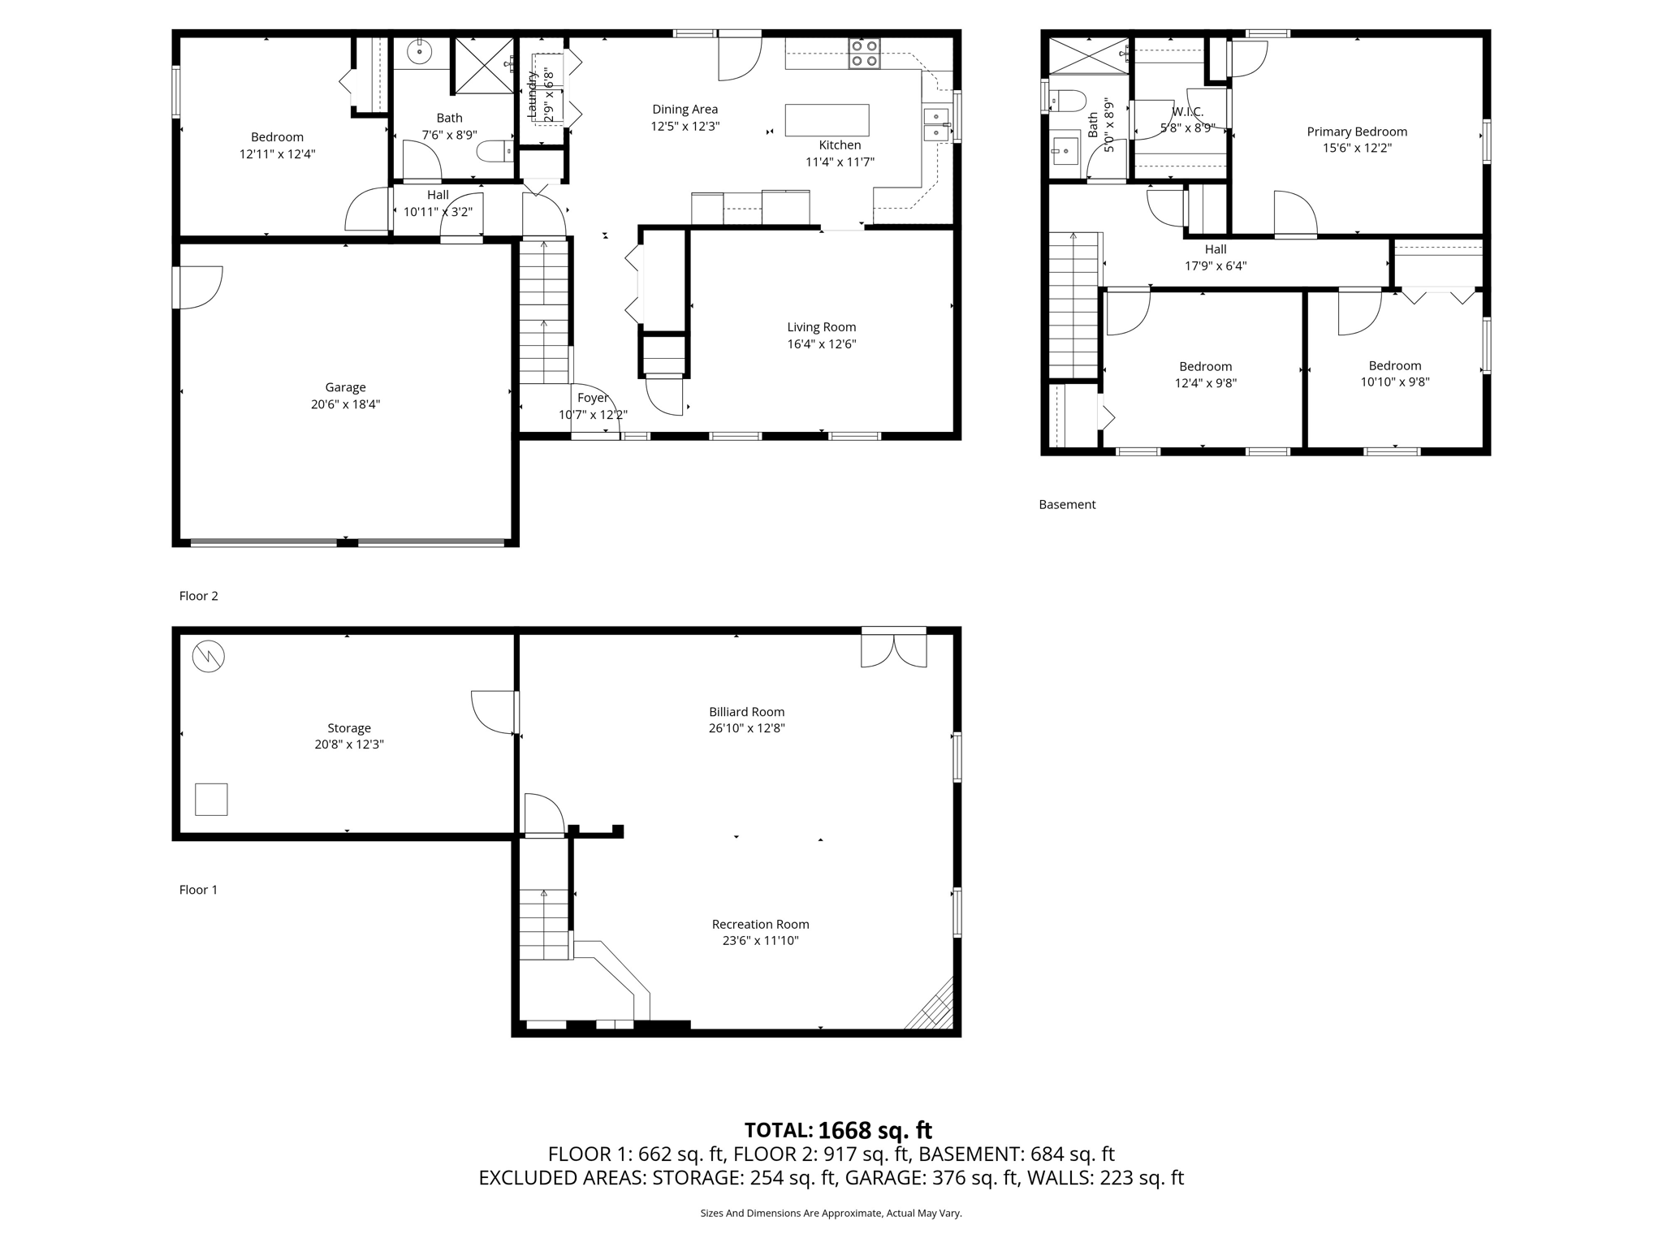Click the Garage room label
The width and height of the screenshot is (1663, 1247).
(x=345, y=387)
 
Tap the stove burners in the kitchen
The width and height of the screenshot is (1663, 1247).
(x=864, y=54)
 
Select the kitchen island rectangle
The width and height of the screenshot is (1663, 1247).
(x=827, y=120)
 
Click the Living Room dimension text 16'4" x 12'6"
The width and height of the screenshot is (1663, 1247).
(x=821, y=344)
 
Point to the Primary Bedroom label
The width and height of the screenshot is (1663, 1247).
(x=1356, y=132)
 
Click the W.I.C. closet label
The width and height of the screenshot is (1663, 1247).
(x=1187, y=112)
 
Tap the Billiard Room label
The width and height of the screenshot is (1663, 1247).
(x=746, y=712)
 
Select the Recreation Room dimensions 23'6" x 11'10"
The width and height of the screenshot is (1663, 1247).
(x=760, y=941)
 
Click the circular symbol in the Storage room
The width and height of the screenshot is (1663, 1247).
(x=208, y=656)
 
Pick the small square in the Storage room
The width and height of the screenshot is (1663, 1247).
(x=211, y=799)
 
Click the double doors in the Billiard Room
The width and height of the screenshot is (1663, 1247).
(x=893, y=649)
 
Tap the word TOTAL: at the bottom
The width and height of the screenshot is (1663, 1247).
(x=778, y=1130)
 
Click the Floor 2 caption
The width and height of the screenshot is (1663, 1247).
(x=198, y=596)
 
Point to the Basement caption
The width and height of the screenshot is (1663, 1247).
(x=1067, y=504)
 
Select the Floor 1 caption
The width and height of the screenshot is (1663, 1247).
(x=198, y=890)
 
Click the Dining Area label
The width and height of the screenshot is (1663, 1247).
(x=685, y=110)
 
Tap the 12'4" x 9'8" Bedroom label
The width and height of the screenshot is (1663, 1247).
(x=1205, y=367)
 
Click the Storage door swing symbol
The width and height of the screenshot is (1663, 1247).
(x=494, y=712)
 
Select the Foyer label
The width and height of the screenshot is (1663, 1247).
(x=592, y=398)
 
